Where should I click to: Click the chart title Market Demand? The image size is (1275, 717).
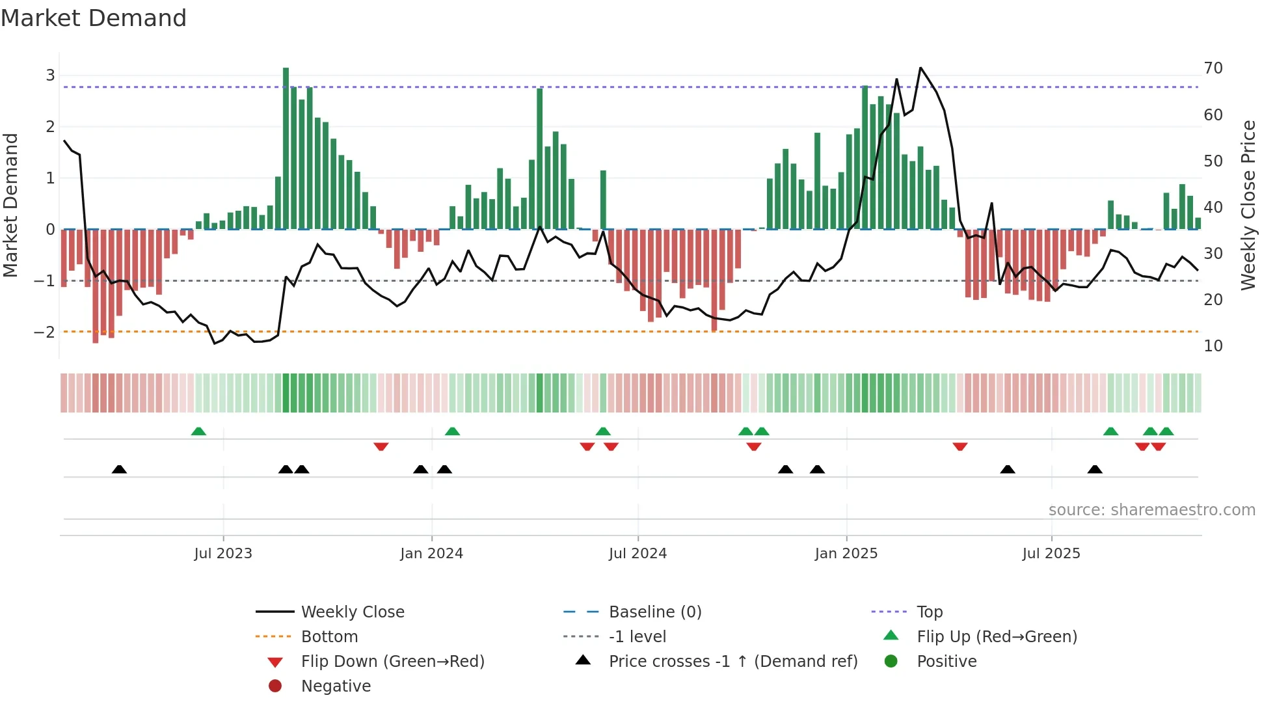click(x=94, y=18)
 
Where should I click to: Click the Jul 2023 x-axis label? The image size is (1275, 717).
click(x=223, y=554)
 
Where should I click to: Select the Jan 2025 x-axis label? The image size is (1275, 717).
click(x=846, y=554)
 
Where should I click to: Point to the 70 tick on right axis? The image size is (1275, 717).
click(x=1213, y=68)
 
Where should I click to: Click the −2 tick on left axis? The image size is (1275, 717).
click(x=45, y=332)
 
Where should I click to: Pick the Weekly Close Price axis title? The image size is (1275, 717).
click(x=1248, y=205)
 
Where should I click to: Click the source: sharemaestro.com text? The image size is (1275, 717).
click(x=1151, y=510)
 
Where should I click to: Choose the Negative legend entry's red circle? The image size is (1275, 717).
click(x=275, y=686)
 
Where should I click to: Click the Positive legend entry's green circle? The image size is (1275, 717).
click(x=891, y=662)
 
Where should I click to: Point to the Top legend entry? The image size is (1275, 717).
click(x=929, y=612)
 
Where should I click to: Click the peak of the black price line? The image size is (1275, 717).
click(x=920, y=68)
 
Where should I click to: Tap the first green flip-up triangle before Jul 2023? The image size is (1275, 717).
click(x=198, y=431)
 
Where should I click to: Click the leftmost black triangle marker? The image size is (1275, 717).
click(x=119, y=469)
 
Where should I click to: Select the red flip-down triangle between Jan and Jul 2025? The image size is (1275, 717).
click(x=960, y=446)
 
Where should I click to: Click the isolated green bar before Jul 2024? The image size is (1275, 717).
click(x=603, y=200)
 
